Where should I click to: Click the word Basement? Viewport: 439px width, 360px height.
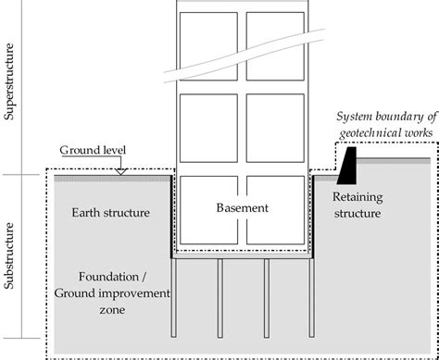[x=242, y=208]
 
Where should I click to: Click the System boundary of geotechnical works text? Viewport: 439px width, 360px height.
[x=382, y=128]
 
